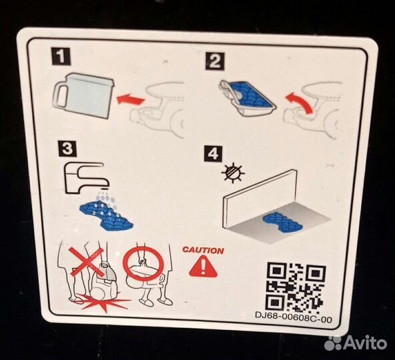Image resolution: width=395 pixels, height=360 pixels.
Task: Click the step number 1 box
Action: tap(61, 56)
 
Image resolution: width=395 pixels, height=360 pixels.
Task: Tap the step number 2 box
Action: tap(215, 61)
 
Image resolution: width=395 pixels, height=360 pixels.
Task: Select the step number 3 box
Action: tap(67, 149)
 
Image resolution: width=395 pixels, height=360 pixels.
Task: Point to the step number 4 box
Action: tap(213, 153)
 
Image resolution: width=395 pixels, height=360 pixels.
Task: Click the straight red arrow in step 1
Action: tap(131, 99)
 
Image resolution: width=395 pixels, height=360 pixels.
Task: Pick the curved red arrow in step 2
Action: tap(300, 103)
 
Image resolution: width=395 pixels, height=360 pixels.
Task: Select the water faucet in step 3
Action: tap(87, 178)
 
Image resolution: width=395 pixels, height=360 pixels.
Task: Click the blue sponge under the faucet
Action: tap(106, 216)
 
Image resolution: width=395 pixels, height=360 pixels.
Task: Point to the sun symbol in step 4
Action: tap(233, 173)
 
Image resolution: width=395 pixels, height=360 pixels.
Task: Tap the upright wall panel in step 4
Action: tap(260, 198)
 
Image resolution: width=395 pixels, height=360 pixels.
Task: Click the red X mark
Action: tap(87, 261)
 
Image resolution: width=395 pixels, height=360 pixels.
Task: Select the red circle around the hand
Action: tap(143, 263)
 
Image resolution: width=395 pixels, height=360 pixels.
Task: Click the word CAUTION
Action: tap(203, 250)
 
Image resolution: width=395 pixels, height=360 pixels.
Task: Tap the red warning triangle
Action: tap(203, 267)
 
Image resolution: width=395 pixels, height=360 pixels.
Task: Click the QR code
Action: tap(296, 286)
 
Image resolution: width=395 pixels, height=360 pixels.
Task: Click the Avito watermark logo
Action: tap(356, 343)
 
